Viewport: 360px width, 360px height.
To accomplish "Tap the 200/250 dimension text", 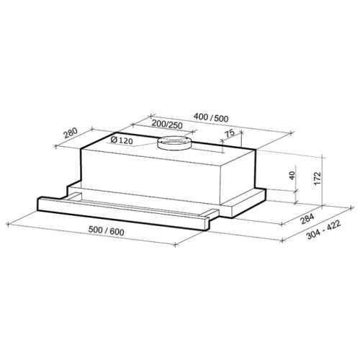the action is pos(168,125).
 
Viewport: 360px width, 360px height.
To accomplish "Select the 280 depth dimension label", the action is pos(71,133).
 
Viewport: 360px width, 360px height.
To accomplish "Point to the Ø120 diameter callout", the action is pos(122,140).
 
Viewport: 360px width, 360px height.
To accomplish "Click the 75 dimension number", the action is pos(230,133).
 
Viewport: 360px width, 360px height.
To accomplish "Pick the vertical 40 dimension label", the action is pos(292,176).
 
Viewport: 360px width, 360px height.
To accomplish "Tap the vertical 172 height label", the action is pos(318,179).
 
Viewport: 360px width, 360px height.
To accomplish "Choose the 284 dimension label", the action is pos(307,219).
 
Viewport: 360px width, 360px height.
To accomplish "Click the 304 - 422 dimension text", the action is pos(324,230).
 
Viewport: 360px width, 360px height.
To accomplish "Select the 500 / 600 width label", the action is pos(107,231).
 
